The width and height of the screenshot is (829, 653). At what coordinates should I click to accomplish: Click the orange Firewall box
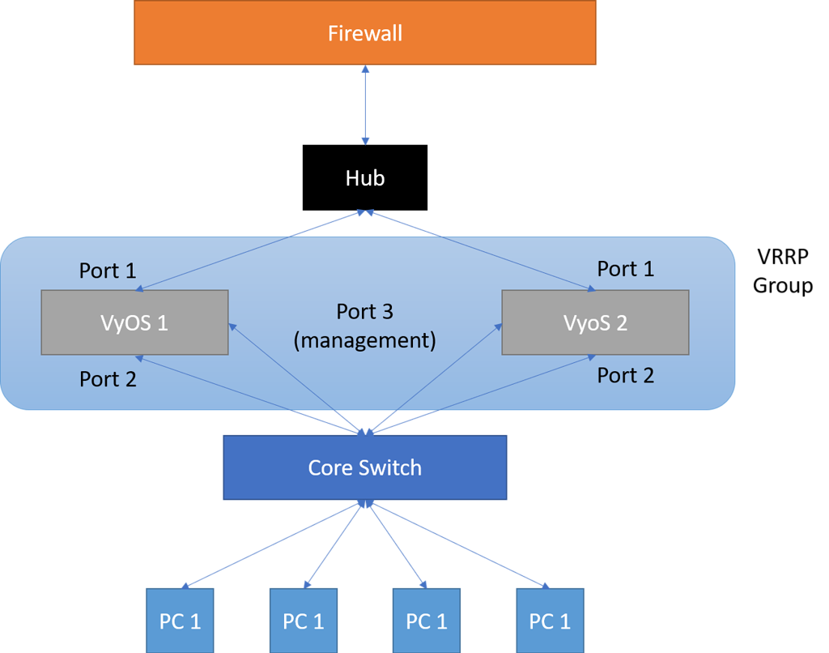[x=364, y=33]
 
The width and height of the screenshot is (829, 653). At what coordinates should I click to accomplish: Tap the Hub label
[x=364, y=178]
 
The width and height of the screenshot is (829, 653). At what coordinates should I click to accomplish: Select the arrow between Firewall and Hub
[x=366, y=105]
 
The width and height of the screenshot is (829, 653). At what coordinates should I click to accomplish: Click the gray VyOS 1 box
[x=134, y=322]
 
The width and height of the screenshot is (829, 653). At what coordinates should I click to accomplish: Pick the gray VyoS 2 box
[x=595, y=322]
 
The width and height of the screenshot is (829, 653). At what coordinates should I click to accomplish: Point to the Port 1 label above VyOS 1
[x=108, y=271]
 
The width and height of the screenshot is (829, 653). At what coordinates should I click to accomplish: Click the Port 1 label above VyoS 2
[x=625, y=268]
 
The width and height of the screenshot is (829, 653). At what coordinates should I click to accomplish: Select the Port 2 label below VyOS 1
[x=108, y=378]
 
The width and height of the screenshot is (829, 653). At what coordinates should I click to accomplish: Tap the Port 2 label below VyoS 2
[x=625, y=375]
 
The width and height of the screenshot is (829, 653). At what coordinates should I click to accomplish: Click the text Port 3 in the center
[x=364, y=312]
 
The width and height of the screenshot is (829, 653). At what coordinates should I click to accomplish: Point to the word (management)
[x=364, y=340]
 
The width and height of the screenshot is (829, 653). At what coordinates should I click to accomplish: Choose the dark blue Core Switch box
[x=364, y=467]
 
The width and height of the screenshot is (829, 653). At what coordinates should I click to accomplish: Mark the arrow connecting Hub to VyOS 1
[x=251, y=250]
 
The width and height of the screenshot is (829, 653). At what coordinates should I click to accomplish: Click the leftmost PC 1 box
[x=180, y=621]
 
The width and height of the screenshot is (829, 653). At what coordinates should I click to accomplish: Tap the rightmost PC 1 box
[x=550, y=621]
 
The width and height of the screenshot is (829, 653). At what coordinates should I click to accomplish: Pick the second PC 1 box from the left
[x=303, y=621]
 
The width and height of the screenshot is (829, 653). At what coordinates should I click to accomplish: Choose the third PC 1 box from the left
[x=426, y=621]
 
